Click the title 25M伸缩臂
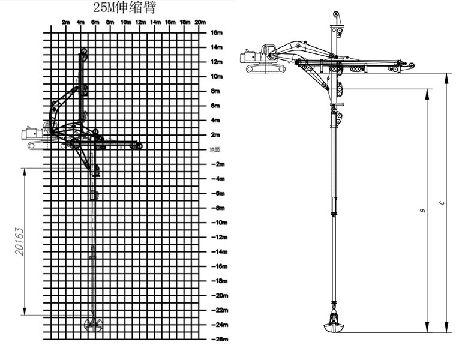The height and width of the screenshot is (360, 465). (124, 7)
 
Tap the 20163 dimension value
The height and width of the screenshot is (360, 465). (19, 241)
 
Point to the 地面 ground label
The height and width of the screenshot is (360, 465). (215, 149)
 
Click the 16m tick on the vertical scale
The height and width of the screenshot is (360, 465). (217, 32)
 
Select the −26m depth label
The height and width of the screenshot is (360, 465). (220, 339)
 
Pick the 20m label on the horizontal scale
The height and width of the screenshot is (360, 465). (200, 22)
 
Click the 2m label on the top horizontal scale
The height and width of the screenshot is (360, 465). (65, 22)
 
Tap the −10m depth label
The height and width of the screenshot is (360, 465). (220, 223)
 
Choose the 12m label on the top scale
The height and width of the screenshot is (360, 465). (140, 22)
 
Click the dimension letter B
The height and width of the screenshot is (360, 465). (422, 210)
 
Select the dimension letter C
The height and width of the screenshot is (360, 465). (442, 203)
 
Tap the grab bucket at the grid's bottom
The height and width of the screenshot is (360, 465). (93, 325)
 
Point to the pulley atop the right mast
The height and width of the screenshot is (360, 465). (336, 14)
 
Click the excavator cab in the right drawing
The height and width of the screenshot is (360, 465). (268, 53)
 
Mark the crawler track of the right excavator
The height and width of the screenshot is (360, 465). (266, 69)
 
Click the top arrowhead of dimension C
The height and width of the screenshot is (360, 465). (446, 77)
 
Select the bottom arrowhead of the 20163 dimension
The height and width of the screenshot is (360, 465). (25, 311)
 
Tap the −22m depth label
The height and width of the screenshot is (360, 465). (220, 310)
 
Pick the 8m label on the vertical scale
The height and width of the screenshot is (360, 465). (215, 91)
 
